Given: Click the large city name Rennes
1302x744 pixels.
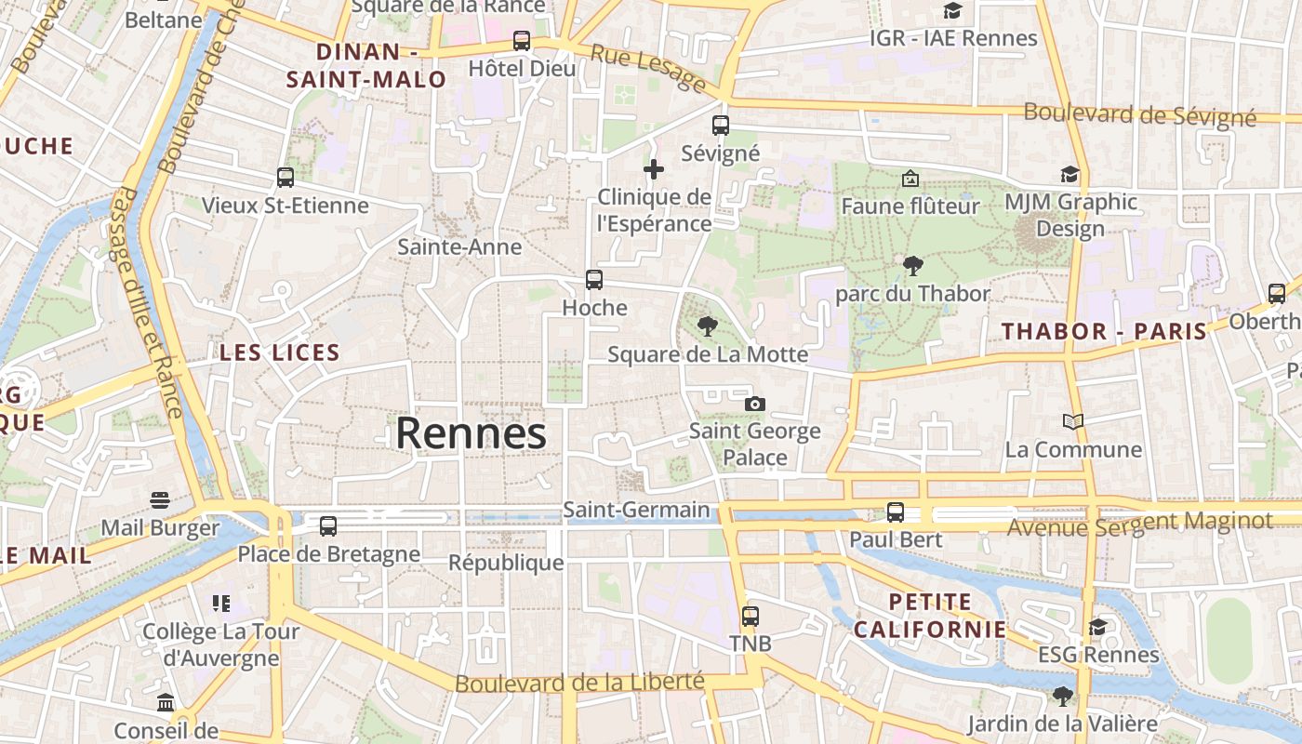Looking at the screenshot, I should pyautogui.click(x=472, y=433).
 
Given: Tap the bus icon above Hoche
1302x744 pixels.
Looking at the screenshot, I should pyautogui.click(x=593, y=279).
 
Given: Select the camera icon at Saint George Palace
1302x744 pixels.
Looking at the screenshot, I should pyautogui.click(x=755, y=404).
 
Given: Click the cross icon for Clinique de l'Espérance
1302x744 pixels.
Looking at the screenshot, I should pyautogui.click(x=654, y=169).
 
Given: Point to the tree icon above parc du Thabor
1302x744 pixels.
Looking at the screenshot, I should pyautogui.click(x=912, y=266).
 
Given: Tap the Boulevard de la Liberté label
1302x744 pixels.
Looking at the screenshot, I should pyautogui.click(x=578, y=682).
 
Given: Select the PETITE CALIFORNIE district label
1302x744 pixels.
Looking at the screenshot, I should pyautogui.click(x=929, y=616).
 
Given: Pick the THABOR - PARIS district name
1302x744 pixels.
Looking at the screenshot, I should pyautogui.click(x=1104, y=331).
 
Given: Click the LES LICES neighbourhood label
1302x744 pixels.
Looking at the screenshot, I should pyautogui.click(x=280, y=352).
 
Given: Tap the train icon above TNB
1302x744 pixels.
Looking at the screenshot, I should pyautogui.click(x=750, y=616).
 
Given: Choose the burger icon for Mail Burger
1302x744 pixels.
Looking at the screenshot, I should pyautogui.click(x=160, y=500).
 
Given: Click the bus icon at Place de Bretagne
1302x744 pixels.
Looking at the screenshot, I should pyautogui.click(x=328, y=526).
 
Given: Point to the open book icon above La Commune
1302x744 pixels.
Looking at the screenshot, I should pyautogui.click(x=1073, y=422).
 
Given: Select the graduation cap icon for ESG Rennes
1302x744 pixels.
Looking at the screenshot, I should pyautogui.click(x=1098, y=627).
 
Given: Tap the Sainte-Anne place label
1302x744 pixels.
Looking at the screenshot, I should pyautogui.click(x=459, y=247).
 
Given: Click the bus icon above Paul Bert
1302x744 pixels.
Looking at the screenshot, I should pyautogui.click(x=896, y=512).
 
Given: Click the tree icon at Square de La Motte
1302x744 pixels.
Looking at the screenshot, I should pyautogui.click(x=708, y=326).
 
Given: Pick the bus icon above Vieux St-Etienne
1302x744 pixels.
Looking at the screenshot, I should pyautogui.click(x=286, y=177).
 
